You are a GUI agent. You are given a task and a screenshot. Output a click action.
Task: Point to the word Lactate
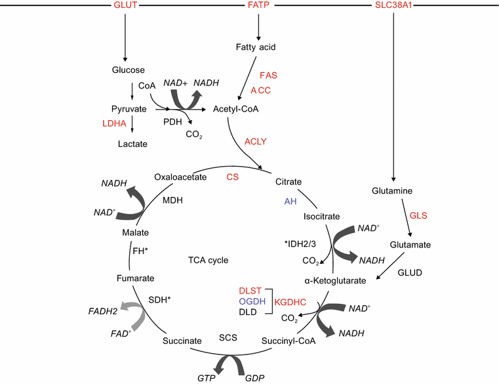(x=132, y=144)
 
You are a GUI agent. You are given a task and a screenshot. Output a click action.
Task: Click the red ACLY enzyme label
(x=256, y=141)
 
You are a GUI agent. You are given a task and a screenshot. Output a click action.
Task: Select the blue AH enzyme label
(x=290, y=202)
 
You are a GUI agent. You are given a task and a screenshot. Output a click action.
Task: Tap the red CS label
(x=233, y=177)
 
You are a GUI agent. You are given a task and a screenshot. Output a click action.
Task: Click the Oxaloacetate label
(x=180, y=177)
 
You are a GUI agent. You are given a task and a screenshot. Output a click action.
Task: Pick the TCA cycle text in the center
(x=207, y=261)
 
